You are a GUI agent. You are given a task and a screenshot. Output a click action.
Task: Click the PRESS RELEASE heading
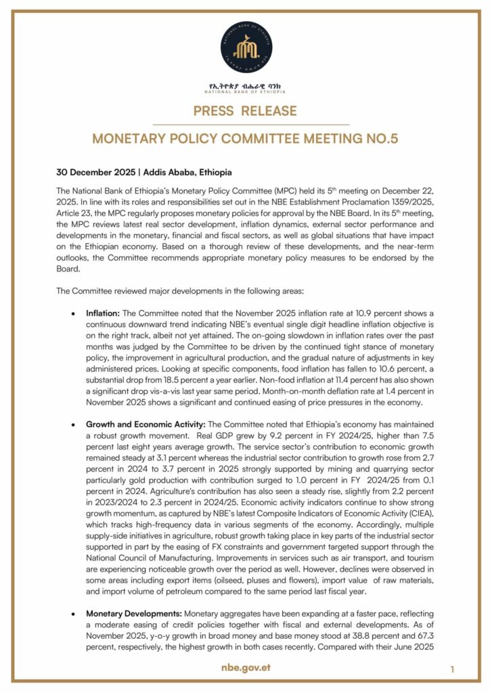pyautogui.click(x=245, y=111)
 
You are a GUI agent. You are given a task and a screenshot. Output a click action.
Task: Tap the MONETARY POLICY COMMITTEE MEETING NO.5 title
pyautogui.click(x=245, y=139)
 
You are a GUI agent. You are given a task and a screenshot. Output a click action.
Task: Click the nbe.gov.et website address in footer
pyautogui.click(x=245, y=668)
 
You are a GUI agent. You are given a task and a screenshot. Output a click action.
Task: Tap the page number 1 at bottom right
pyautogui.click(x=452, y=669)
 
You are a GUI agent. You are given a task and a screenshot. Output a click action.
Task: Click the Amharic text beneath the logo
pyautogui.click(x=245, y=86)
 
